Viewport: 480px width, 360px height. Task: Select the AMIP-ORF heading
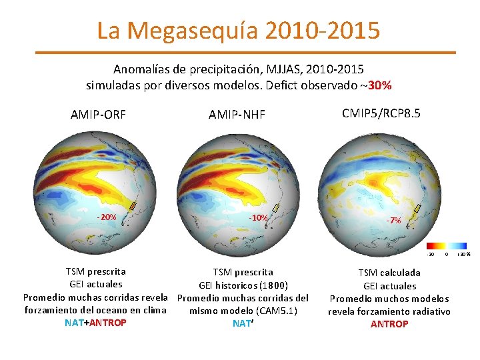(x=99, y=115)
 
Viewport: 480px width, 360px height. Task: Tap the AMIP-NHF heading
(x=237, y=115)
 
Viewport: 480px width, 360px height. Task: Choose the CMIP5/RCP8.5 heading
(x=381, y=113)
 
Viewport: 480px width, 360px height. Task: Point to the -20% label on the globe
(x=107, y=217)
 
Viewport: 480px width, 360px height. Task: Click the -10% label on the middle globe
(x=258, y=218)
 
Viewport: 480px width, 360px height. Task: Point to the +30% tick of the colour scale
(x=464, y=254)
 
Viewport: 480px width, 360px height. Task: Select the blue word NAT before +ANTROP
(x=74, y=323)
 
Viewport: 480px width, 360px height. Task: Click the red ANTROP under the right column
(x=389, y=324)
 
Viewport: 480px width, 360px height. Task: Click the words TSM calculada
(x=389, y=273)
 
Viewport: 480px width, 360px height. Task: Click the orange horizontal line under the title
(x=245, y=52)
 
